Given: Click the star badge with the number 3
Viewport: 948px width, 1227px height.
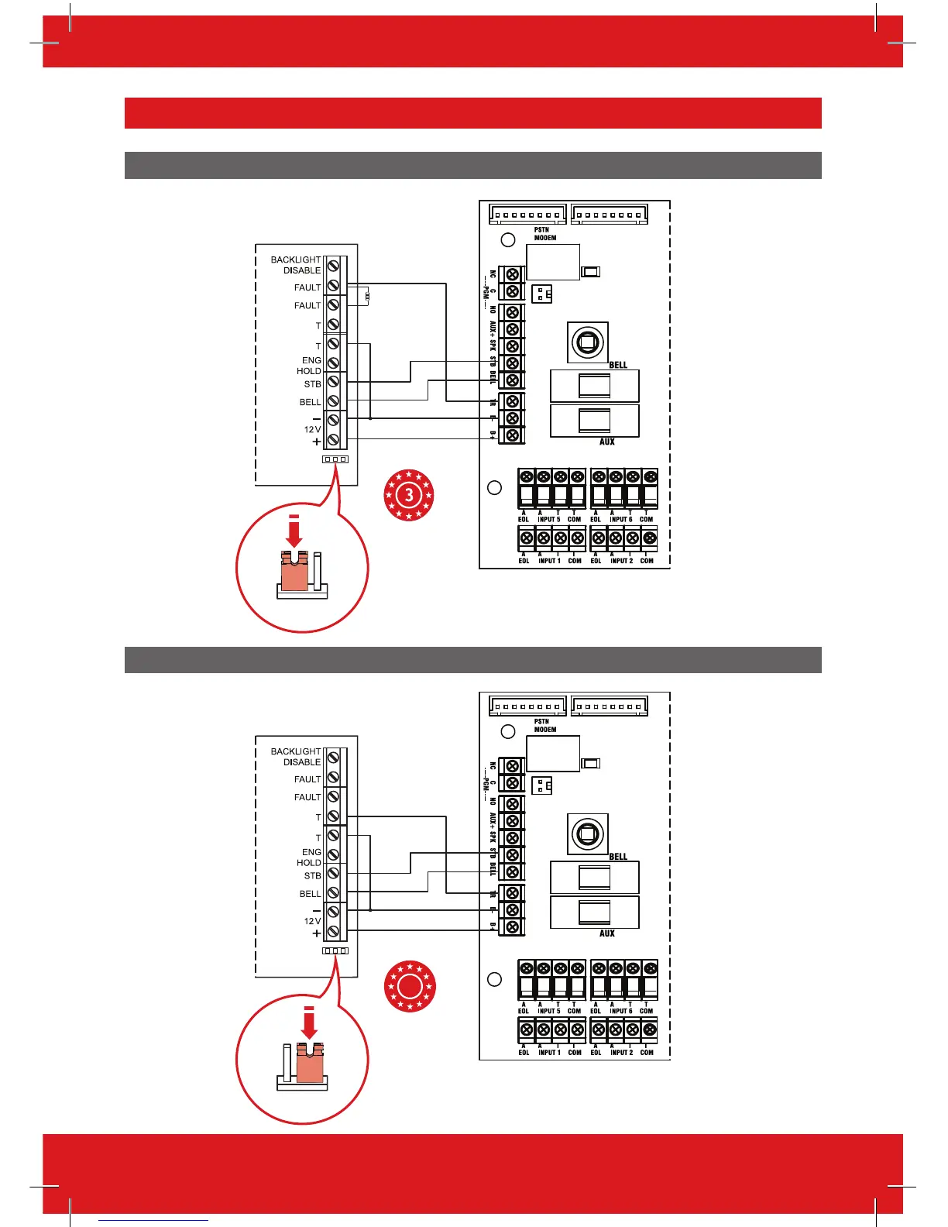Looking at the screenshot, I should [409, 494].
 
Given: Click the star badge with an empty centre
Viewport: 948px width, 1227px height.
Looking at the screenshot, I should [409, 986].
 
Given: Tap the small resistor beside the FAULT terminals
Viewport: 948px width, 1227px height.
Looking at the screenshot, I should [367, 295].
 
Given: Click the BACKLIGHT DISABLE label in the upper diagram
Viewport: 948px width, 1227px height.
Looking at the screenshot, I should [296, 265].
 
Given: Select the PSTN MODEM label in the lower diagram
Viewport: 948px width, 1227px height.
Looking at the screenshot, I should [545, 725].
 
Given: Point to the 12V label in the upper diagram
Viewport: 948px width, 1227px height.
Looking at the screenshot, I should [312, 429].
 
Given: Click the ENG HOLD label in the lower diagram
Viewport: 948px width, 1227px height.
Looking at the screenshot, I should [310, 857].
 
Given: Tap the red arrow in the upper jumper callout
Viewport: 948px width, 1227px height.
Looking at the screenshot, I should [294, 532].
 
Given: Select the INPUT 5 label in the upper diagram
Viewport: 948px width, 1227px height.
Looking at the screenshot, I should [548, 519].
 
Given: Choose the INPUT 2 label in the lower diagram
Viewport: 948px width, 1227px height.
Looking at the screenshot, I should [621, 1052].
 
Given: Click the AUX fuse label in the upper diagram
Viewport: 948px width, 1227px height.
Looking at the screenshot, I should [607, 442].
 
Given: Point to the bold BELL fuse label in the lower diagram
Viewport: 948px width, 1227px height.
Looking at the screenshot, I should [618, 856].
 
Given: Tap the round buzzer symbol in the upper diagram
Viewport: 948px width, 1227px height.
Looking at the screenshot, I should [587, 342].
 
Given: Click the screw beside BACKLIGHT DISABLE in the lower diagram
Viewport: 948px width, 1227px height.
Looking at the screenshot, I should [334, 757].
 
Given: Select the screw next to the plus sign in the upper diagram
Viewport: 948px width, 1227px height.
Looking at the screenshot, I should [334, 440].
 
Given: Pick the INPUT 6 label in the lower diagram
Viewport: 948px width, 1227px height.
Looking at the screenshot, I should [621, 1010].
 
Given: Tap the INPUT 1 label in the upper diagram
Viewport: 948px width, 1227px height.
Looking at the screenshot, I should [548, 560].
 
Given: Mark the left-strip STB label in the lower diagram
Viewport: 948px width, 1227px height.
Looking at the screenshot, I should [312, 875].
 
